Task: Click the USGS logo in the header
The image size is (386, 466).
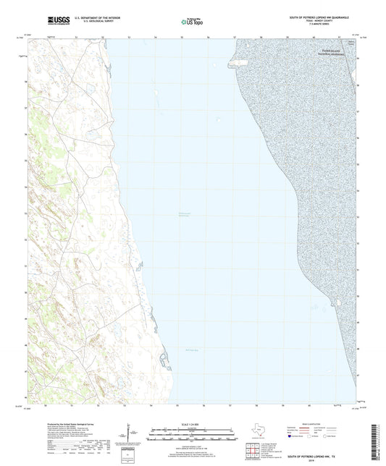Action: (54, 20)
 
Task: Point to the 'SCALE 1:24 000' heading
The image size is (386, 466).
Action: (192, 423)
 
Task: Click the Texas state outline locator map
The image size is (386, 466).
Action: (258, 433)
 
